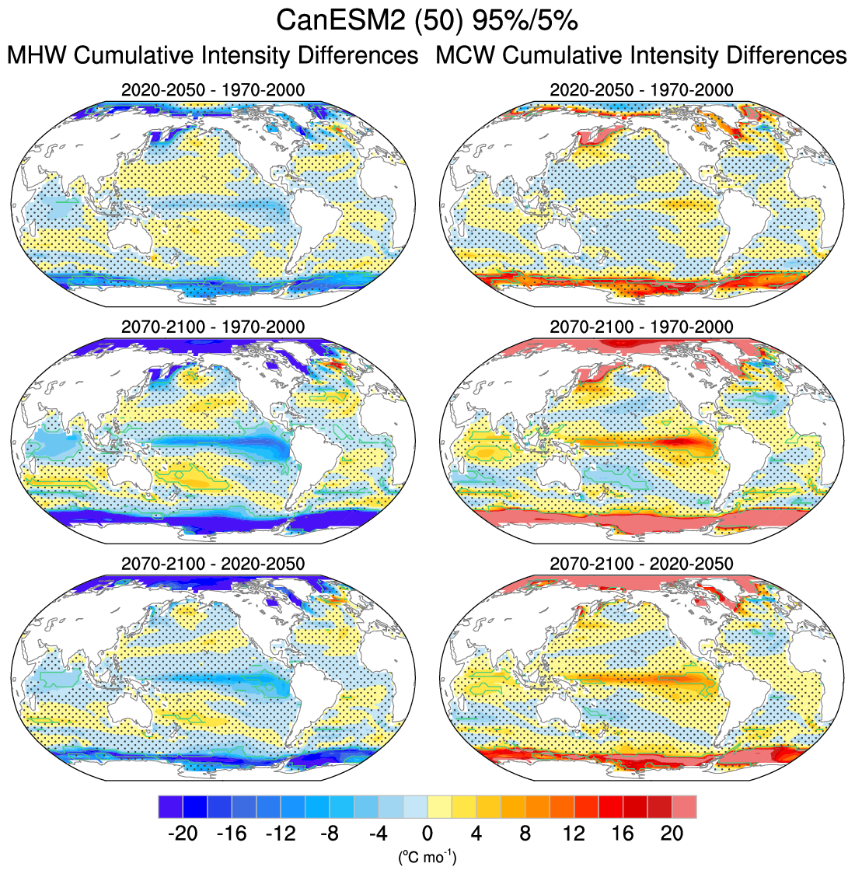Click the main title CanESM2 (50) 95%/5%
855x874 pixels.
427,20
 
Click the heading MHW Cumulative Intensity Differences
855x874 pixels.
212,56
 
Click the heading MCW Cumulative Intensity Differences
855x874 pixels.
641,56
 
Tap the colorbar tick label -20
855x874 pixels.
183,834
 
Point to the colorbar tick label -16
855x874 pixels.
232,834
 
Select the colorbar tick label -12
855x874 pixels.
281,834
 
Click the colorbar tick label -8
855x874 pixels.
330,834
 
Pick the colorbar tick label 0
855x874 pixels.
427,834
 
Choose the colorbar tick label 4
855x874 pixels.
476,834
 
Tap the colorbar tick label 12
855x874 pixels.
574,834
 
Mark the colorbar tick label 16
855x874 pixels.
623,834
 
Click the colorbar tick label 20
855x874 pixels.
672,834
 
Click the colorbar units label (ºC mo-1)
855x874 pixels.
427,858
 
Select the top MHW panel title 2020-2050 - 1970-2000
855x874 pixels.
213,90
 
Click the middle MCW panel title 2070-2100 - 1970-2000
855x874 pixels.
641,327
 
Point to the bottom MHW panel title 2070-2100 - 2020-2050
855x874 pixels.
213,563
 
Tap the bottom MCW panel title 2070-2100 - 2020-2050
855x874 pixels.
641,563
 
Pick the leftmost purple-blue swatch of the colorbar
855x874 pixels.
170,806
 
